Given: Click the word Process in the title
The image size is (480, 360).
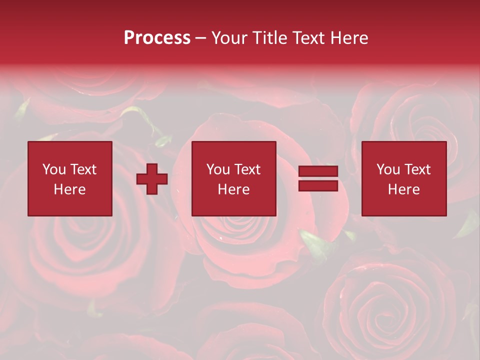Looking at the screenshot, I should [157, 38].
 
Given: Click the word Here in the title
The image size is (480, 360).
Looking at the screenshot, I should [350, 38].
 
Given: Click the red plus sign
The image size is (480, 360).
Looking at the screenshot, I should [152, 178].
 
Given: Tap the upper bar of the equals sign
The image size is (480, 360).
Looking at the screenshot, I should [318, 171].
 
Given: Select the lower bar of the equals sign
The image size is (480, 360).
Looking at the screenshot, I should [318, 185].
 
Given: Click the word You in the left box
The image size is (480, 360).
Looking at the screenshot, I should [54, 169].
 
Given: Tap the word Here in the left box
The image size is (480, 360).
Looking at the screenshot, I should [69, 189].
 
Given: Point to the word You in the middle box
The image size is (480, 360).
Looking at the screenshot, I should [218, 169].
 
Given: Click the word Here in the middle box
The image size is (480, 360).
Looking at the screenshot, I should [233, 189].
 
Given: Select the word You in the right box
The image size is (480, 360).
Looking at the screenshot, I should [388, 169].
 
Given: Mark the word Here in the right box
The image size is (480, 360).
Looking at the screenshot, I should [403, 189].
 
